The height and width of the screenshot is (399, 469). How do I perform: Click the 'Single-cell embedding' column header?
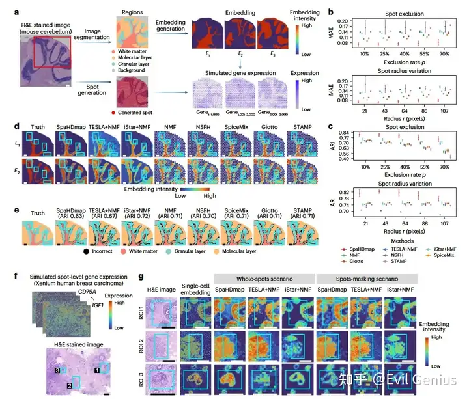tap(193, 288)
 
